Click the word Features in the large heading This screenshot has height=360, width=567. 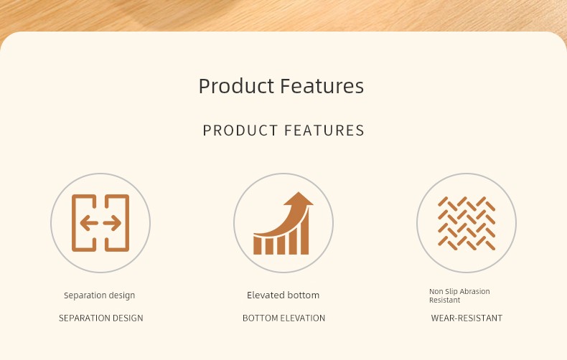coord(322,85)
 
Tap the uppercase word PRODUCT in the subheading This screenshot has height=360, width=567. coord(240,131)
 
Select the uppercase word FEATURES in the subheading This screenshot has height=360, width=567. coord(324,131)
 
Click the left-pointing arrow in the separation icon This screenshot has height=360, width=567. coord(89,223)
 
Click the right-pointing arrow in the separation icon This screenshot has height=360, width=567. coord(112,223)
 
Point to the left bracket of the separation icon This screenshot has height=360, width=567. coord(84,223)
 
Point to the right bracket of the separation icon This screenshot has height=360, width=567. coord(117,223)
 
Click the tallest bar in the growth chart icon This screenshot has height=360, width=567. coord(305,231)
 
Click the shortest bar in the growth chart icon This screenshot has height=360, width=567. coord(257,245)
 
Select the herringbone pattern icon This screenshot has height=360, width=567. coord(467,223)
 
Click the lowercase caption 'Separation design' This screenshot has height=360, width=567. coord(100,295)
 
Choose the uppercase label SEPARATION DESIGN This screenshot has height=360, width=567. coord(101,318)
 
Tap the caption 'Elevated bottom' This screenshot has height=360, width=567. coord(283,295)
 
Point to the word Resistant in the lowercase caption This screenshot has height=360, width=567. coord(445,300)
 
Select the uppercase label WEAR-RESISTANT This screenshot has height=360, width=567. coord(467,318)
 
